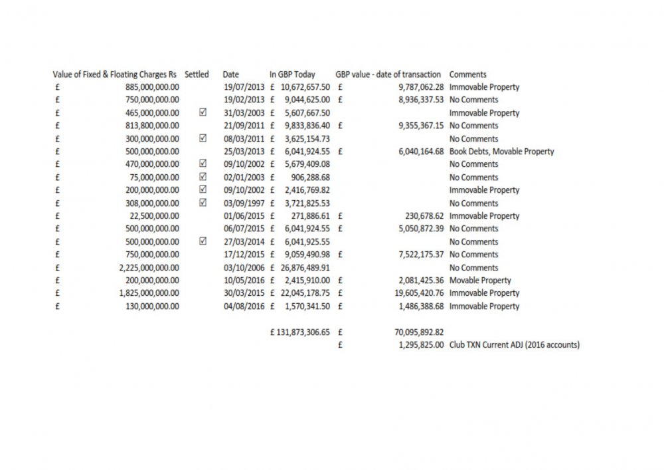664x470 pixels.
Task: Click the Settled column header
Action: (197, 74)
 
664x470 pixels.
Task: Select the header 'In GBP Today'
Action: (292, 74)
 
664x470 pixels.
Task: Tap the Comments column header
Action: (467, 74)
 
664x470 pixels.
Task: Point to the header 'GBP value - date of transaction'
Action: (388, 74)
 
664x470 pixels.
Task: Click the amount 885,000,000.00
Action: (152, 87)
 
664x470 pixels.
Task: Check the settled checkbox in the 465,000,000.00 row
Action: (203, 113)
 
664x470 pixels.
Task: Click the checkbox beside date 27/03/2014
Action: (203, 241)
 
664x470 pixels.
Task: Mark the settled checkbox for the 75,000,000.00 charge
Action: (203, 177)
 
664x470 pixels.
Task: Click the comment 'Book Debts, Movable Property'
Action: (501, 152)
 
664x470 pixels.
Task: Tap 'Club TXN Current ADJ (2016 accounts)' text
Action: (514, 345)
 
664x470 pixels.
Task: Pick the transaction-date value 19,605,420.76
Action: (414, 293)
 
